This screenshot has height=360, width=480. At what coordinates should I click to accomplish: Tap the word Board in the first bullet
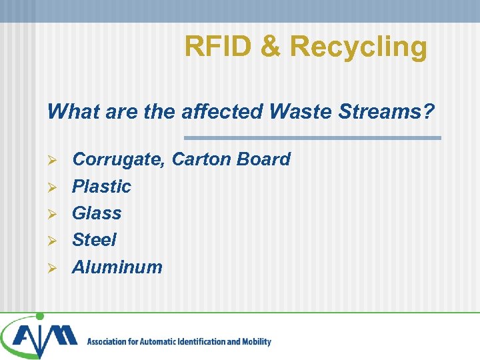pyautogui.click(x=265, y=159)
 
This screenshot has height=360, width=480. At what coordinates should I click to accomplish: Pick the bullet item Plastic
pyautogui.click(x=101, y=187)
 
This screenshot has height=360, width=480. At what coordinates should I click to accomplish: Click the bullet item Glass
pyautogui.click(x=97, y=213)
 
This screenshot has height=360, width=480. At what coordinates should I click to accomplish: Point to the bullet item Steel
pyautogui.click(x=94, y=239)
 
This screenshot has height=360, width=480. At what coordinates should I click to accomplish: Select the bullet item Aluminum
pyautogui.click(x=117, y=267)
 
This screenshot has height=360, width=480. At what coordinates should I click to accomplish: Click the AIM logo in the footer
pyautogui.click(x=40, y=337)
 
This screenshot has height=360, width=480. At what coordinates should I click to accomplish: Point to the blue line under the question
pyautogui.click(x=312, y=138)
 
